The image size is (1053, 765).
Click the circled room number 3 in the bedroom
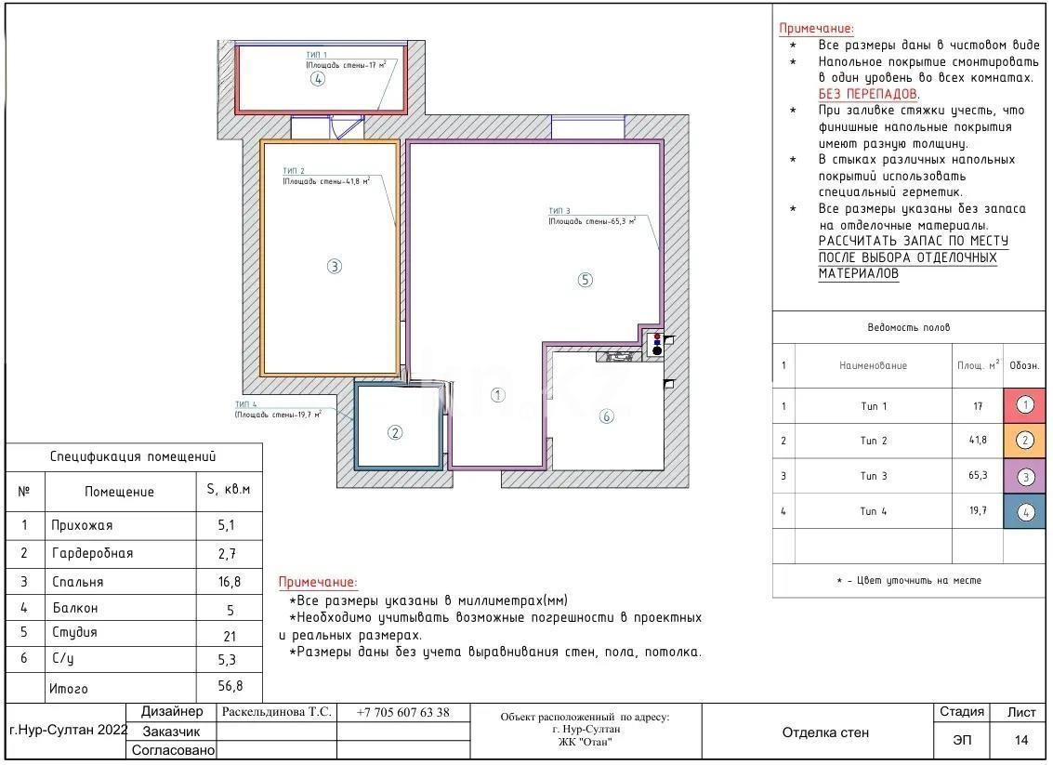tap(335, 266)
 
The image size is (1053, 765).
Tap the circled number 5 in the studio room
tap(585, 280)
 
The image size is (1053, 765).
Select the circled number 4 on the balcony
tap(318, 79)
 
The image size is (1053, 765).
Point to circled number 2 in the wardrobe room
tap(395, 432)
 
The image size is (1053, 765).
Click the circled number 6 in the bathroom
tap(606, 416)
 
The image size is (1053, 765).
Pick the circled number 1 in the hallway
tap(497, 395)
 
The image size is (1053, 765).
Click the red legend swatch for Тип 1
tap(1024, 405)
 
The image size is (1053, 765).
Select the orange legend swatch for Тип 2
tap(1024, 441)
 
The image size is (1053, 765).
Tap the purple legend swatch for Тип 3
tap(1024, 476)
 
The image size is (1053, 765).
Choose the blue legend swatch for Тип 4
tap(1024, 511)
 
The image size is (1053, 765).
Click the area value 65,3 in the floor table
tap(978, 476)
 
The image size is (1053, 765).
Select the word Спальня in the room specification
tap(77, 582)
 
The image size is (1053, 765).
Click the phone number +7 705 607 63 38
tap(402, 713)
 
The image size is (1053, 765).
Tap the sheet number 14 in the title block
tap(1021, 741)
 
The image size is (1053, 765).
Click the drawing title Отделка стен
tap(825, 732)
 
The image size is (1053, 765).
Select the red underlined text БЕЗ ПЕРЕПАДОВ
tap(867, 94)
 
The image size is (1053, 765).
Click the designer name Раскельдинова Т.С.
tap(276, 713)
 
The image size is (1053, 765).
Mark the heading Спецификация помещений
tap(132, 456)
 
